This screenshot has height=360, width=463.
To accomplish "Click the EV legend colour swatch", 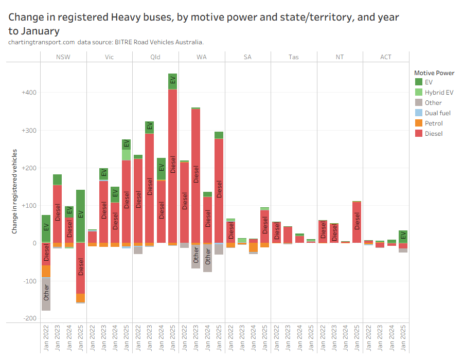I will coord(419,82).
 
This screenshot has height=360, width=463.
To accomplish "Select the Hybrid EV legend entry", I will coord(439,93).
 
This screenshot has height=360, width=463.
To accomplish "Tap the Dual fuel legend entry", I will coord(437,113).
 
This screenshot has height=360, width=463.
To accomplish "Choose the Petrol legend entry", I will coord(434,123).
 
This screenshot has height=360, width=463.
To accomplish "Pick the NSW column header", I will coord(63,57).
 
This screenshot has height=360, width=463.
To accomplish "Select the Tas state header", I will coord(293,57).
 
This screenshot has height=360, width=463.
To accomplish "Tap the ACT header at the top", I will coord(385,57).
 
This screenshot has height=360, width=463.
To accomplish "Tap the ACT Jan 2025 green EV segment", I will coord(403,237).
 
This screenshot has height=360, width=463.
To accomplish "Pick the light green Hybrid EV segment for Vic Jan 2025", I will coord(127,155).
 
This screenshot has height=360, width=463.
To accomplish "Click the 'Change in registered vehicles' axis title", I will coord(15,191).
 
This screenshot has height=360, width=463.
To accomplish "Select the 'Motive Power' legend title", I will coord(434,73).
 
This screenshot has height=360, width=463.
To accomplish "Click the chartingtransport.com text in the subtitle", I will coord(41,42).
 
